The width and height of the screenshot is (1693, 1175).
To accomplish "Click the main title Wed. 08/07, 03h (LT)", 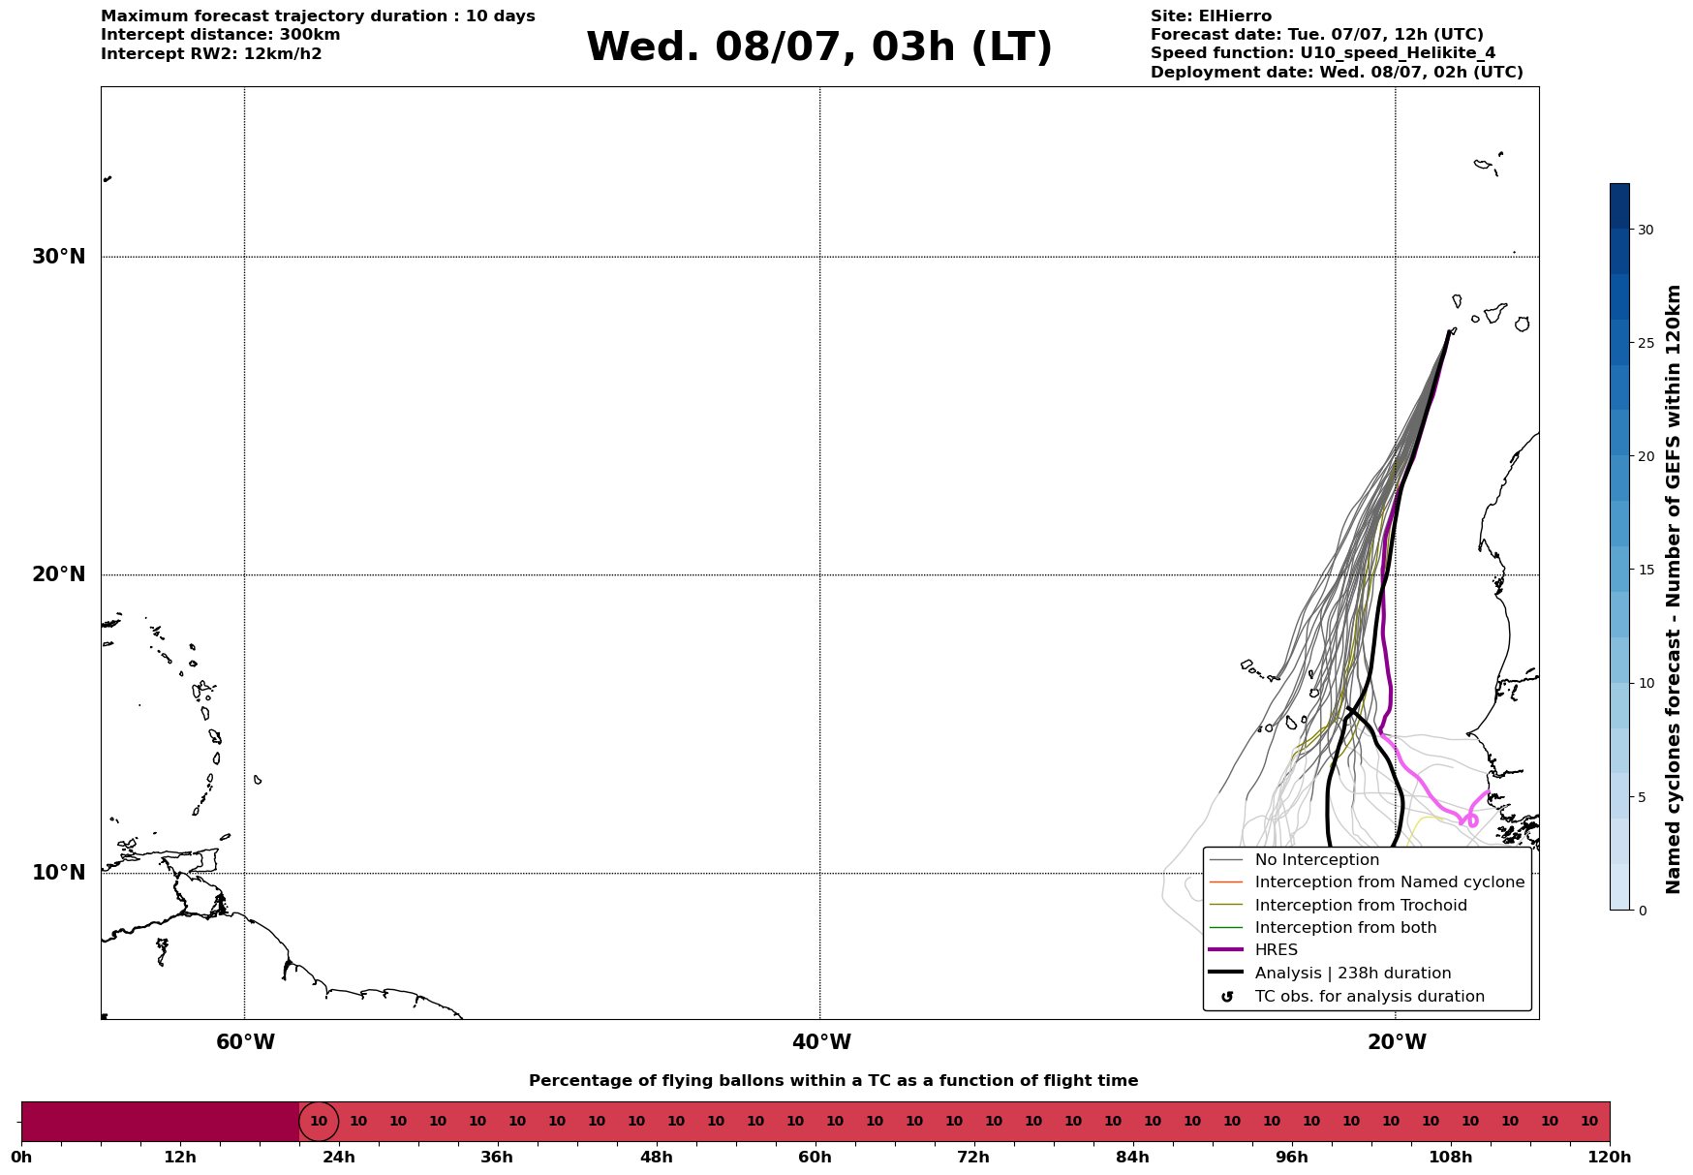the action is click(819, 48).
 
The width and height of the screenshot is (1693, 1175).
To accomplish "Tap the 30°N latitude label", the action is click(58, 257).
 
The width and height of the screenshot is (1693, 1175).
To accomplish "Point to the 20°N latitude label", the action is click(58, 574).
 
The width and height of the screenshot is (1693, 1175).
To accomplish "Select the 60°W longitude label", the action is click(245, 1042).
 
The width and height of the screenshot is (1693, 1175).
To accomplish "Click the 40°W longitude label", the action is click(821, 1042).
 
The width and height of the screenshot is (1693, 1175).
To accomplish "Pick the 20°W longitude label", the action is click(1397, 1042).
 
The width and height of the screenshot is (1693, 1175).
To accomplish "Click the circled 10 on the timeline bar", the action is click(319, 1122).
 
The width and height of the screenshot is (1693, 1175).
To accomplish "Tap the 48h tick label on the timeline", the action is click(656, 1158).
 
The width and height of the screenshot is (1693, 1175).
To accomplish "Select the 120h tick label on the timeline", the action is click(1610, 1158).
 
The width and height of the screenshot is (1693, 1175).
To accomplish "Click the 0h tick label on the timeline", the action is click(21, 1158).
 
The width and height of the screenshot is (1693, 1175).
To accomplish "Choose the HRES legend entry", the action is click(1253, 950).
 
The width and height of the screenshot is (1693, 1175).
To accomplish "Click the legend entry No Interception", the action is click(1294, 860).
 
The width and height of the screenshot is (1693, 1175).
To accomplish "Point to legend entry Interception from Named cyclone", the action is click(1367, 882).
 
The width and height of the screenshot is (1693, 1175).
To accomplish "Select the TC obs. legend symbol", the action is click(1227, 997).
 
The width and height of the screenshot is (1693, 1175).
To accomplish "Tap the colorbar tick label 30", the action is click(1646, 230).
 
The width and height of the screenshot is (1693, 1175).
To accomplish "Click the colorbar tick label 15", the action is click(1646, 570).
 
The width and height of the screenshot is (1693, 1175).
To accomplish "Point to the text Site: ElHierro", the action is click(1211, 16).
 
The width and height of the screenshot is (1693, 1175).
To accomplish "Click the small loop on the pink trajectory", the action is click(1472, 820).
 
